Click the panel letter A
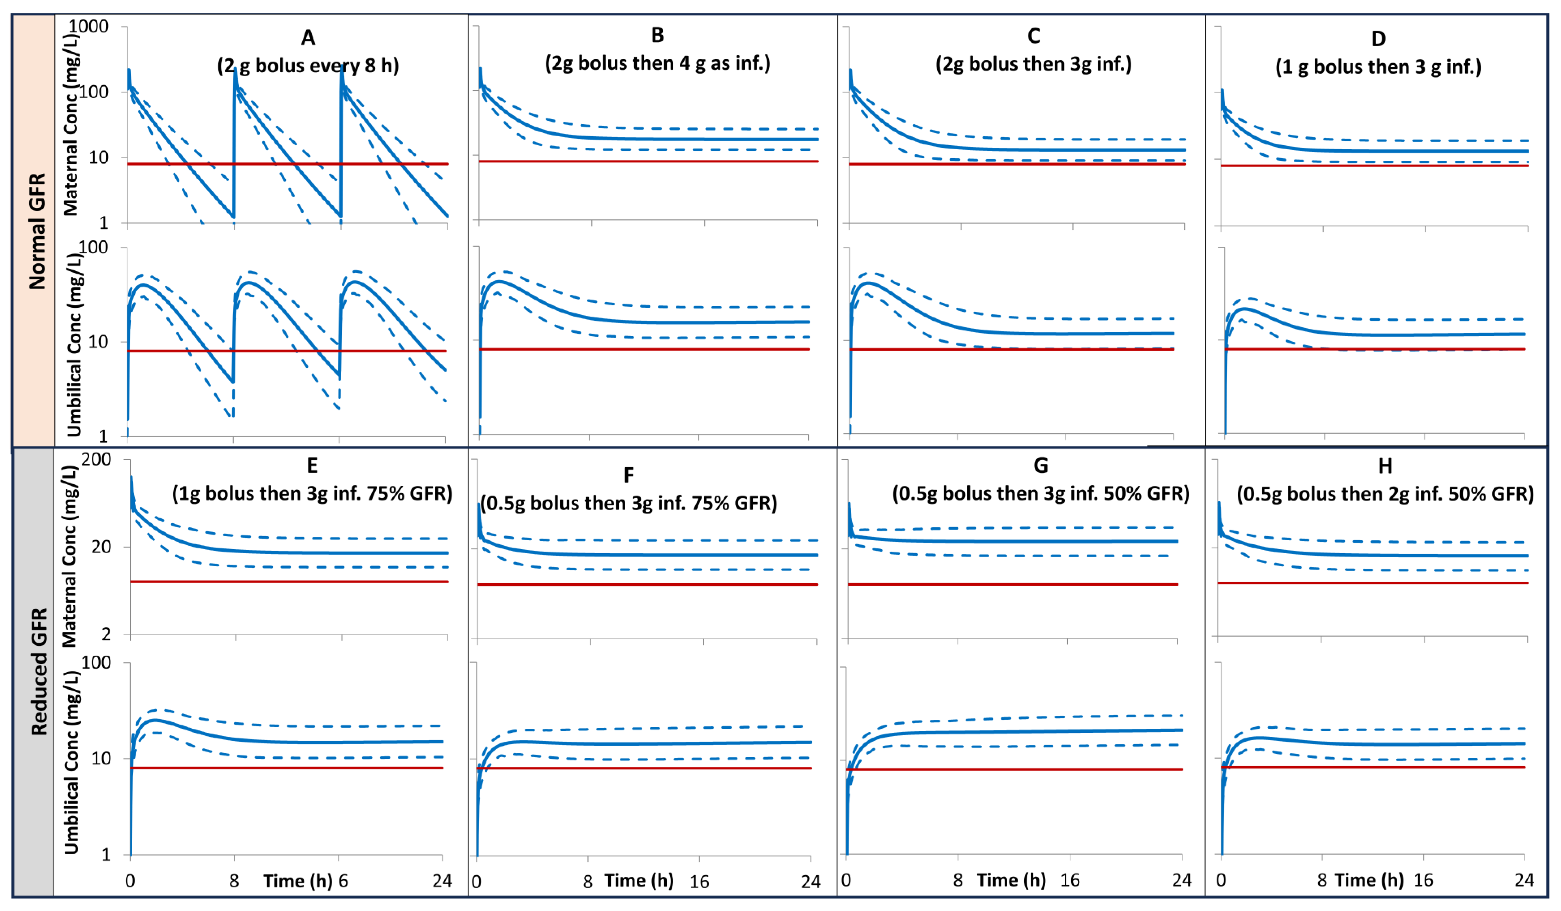tap(308, 38)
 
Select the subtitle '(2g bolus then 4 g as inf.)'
tap(657, 63)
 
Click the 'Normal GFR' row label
tap(37, 231)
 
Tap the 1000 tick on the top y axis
tap(88, 27)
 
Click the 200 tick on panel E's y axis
tap(96, 459)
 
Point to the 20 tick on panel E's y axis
tap(101, 547)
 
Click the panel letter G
tap(1041, 466)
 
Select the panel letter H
tap(1385, 466)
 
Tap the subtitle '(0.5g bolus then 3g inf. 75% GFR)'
tap(629, 503)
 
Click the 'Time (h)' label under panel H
tap(1369, 880)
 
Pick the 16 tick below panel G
tap(1070, 880)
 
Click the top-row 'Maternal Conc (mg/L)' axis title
tap(71, 124)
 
